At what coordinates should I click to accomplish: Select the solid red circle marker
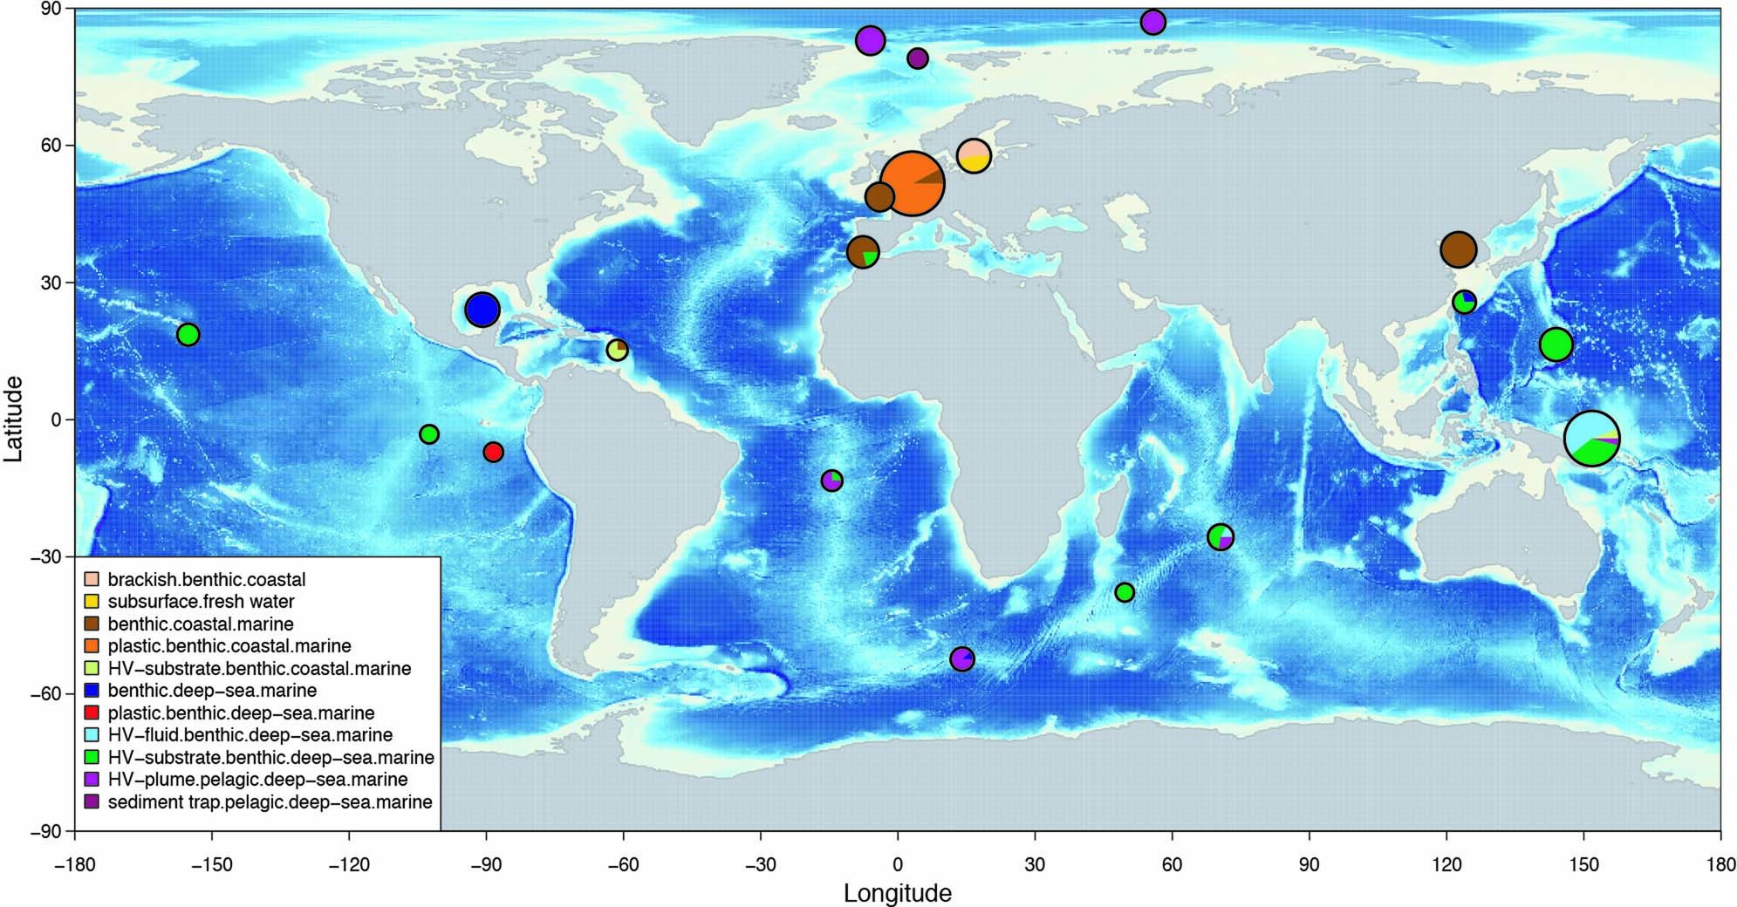click(493, 452)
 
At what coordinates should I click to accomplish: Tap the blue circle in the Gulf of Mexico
click(482, 309)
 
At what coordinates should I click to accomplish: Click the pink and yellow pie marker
click(974, 155)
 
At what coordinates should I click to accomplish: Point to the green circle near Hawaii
click(188, 334)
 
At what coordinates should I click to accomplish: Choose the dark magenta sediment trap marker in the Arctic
click(917, 58)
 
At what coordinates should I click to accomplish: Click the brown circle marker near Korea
click(1458, 250)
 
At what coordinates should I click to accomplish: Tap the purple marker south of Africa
click(961, 658)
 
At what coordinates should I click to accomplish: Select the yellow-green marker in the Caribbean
click(618, 350)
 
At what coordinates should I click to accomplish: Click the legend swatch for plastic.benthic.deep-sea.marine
click(92, 713)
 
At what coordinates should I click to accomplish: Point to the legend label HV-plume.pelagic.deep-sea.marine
click(257, 780)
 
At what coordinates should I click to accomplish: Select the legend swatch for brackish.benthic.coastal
click(92, 579)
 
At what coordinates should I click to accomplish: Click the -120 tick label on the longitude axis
click(349, 865)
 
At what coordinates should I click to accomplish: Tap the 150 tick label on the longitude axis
click(1583, 865)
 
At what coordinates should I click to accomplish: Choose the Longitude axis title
click(897, 893)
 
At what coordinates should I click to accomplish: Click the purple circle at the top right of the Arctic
click(1153, 22)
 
